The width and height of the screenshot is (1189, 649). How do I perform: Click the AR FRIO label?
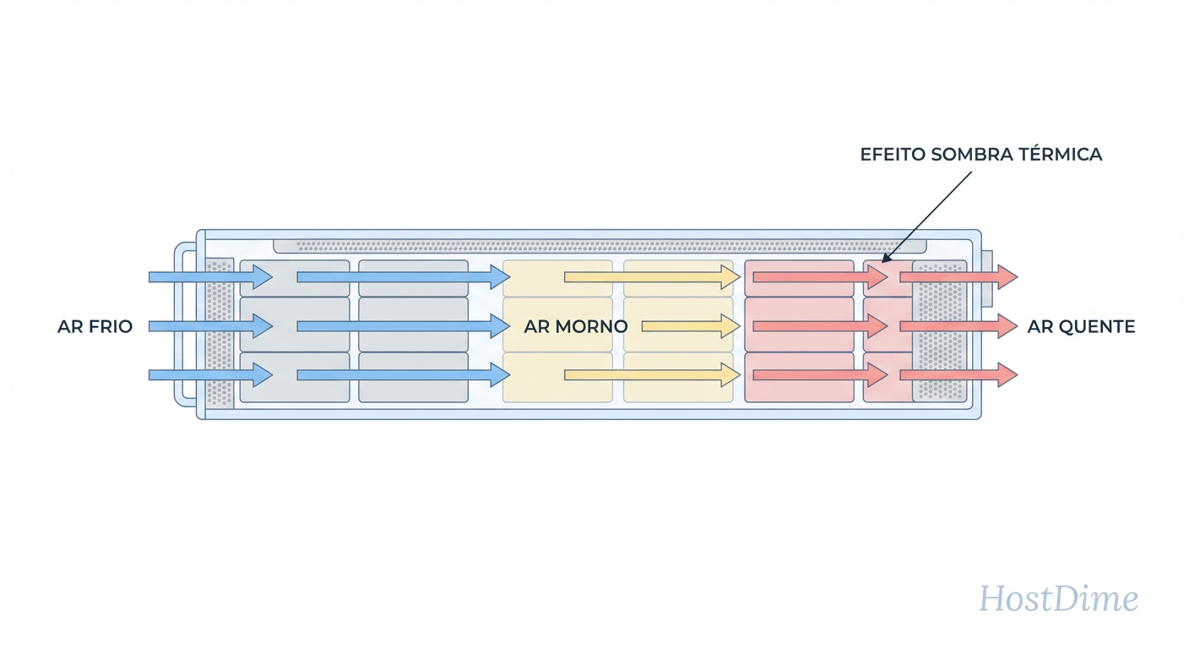[x=95, y=326]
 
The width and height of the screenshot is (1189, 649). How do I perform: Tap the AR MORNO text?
[x=575, y=326]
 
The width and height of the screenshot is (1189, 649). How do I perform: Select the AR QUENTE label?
[x=1081, y=326]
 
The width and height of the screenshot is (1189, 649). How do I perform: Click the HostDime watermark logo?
[x=1058, y=599]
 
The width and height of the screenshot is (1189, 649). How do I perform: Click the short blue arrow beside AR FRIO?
[x=210, y=326]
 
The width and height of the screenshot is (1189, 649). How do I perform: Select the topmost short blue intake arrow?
[x=210, y=276]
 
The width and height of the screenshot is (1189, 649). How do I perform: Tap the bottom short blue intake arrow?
[x=210, y=374]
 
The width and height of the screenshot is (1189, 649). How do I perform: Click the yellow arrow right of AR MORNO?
[x=691, y=326]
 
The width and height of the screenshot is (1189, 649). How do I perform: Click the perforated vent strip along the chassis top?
[x=600, y=246]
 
